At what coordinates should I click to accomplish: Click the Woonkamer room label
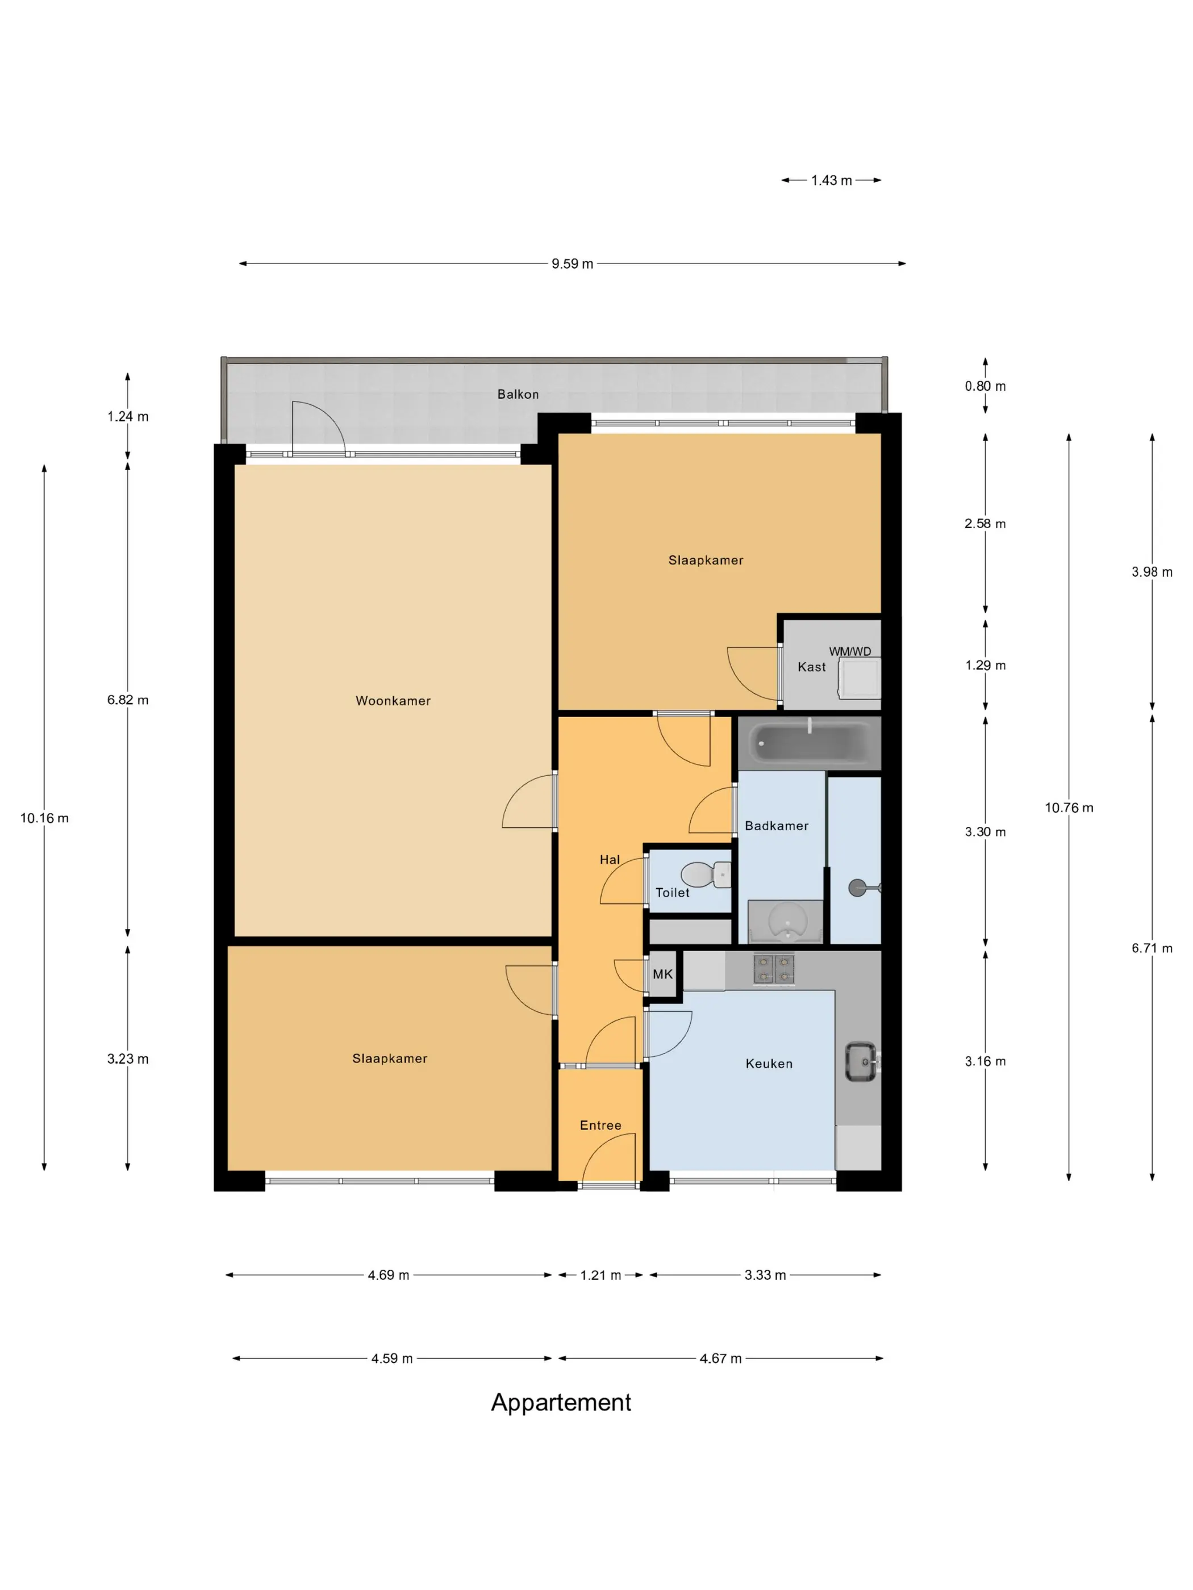393,701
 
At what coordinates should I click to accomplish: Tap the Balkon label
518,395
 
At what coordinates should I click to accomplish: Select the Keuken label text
769,1064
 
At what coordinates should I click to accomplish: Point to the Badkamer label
777,826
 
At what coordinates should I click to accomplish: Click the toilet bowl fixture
706,875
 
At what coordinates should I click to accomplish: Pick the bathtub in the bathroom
809,743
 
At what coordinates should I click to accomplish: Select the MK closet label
662,974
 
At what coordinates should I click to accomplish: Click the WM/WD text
850,651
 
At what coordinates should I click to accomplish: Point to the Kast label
811,667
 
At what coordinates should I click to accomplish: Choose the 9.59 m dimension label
573,264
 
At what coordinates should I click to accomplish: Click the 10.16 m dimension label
44,818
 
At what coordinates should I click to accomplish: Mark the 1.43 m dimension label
831,181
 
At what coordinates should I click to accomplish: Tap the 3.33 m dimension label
765,1275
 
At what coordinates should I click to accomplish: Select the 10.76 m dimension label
1069,808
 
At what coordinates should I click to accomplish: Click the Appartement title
561,1403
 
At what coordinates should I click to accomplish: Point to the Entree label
600,1125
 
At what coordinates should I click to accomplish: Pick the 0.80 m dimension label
985,386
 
